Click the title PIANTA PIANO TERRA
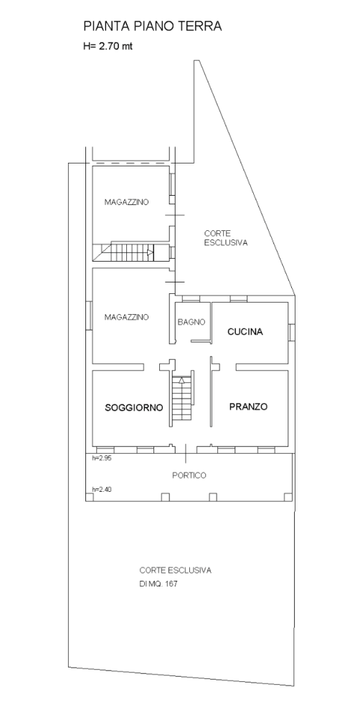(152, 27)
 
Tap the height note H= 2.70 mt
(108, 46)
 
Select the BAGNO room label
(191, 322)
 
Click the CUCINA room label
(245, 332)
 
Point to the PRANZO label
(248, 407)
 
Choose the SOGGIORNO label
(134, 407)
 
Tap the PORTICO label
(189, 475)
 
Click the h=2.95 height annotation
(102, 457)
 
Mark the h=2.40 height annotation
(102, 489)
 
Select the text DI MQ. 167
(158, 584)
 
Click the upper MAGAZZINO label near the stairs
(126, 201)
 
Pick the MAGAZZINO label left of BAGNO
(126, 317)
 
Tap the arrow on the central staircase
(182, 379)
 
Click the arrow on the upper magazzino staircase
(150, 251)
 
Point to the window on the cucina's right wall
(291, 331)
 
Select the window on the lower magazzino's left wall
(90, 315)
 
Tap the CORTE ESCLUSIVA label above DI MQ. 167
(176, 570)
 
